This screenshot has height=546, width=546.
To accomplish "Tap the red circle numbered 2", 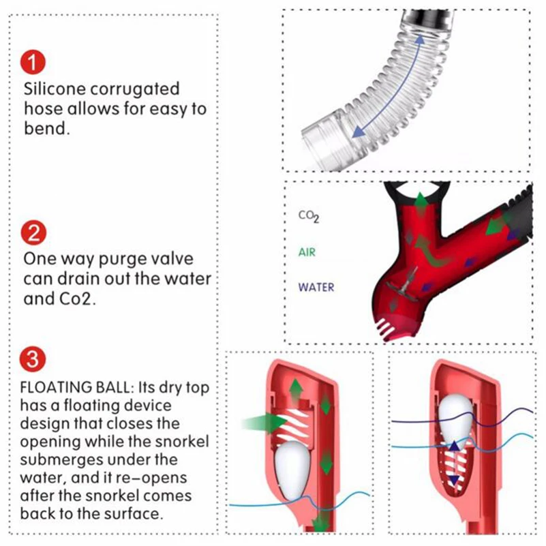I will tap(33, 234).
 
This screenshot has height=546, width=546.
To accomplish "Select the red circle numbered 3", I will tap(33, 359).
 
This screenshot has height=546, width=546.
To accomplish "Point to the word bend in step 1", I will tap(45, 128).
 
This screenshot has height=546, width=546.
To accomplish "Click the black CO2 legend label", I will tap(309, 217).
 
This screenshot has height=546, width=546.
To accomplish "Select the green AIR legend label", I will tap(308, 253).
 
